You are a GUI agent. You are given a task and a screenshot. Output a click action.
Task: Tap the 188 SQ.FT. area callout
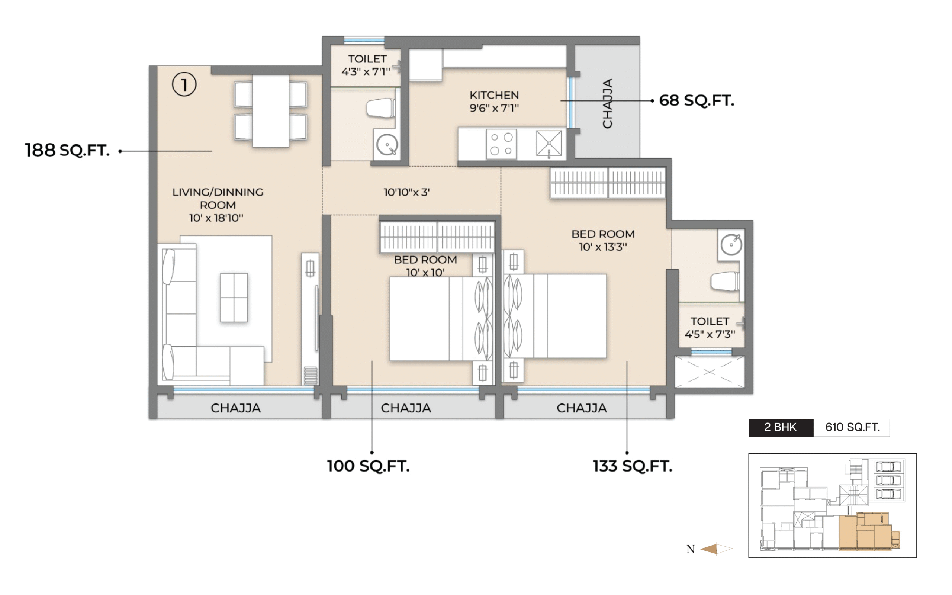pos(67,150)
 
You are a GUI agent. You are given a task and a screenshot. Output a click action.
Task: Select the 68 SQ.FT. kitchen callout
pos(696,100)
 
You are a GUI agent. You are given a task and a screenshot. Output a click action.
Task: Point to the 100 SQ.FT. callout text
pos(368,466)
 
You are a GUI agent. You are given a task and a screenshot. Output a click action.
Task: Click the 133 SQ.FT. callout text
pos(633,466)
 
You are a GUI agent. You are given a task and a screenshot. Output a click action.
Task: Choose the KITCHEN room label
pos(494,95)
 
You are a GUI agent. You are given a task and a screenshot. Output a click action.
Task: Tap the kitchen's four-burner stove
pos(501,144)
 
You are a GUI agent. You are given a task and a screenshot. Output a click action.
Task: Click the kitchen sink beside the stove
pos(549,143)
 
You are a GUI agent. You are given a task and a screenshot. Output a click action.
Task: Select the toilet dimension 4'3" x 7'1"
pos(366,72)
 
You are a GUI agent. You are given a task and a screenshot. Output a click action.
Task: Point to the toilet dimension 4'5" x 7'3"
pos(710,334)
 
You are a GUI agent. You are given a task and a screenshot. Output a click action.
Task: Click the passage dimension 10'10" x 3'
pos(406,192)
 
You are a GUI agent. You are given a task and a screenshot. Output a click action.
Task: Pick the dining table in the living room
pos(271,111)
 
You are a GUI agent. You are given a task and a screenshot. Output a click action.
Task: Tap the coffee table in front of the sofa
pos(234,297)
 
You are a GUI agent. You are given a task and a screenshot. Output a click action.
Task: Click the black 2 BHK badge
pos(781,427)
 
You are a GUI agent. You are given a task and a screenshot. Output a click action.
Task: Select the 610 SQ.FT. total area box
pos(852,427)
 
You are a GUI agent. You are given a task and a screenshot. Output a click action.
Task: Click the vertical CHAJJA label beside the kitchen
pos(607,103)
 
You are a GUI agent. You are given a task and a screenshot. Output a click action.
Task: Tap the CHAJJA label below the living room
pos(236,408)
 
